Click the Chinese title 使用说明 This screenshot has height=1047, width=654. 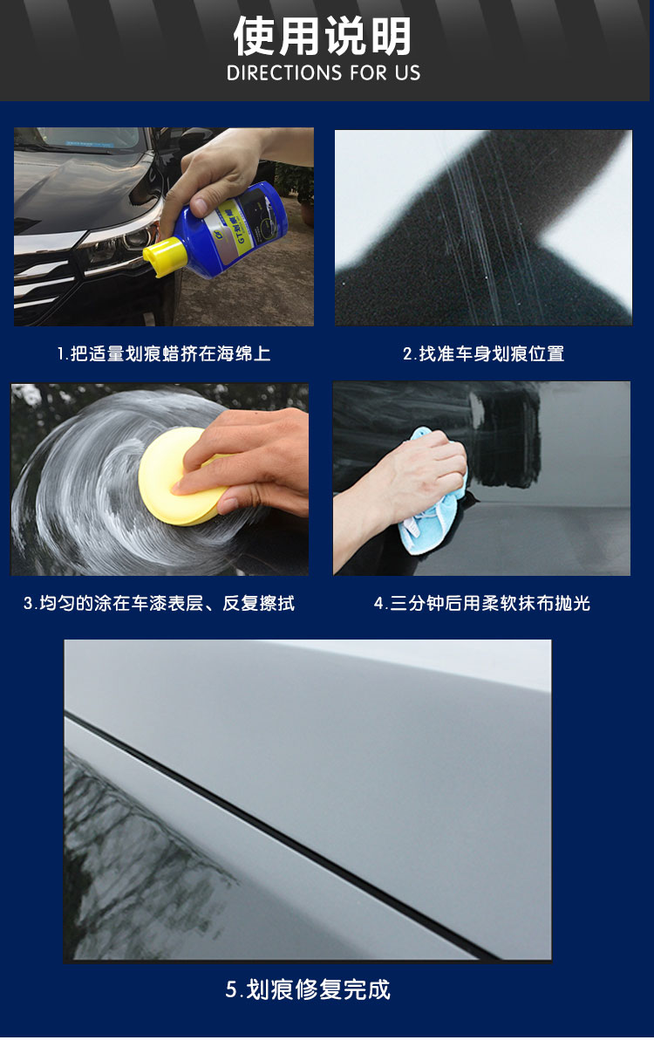pyautogui.click(x=323, y=36)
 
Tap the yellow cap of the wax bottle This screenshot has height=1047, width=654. pyautogui.click(x=162, y=257)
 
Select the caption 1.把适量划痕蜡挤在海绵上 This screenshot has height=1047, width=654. pyautogui.click(x=164, y=354)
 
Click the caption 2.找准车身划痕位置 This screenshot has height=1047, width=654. pyautogui.click(x=483, y=354)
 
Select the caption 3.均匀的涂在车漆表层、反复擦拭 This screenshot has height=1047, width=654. pyautogui.click(x=160, y=604)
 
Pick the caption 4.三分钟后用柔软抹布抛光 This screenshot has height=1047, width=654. pyautogui.click(x=481, y=604)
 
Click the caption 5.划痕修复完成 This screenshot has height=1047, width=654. pyautogui.click(x=308, y=989)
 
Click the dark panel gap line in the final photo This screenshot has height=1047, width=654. pyautogui.click(x=280, y=837)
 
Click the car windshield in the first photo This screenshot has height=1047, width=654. pyautogui.click(x=89, y=139)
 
